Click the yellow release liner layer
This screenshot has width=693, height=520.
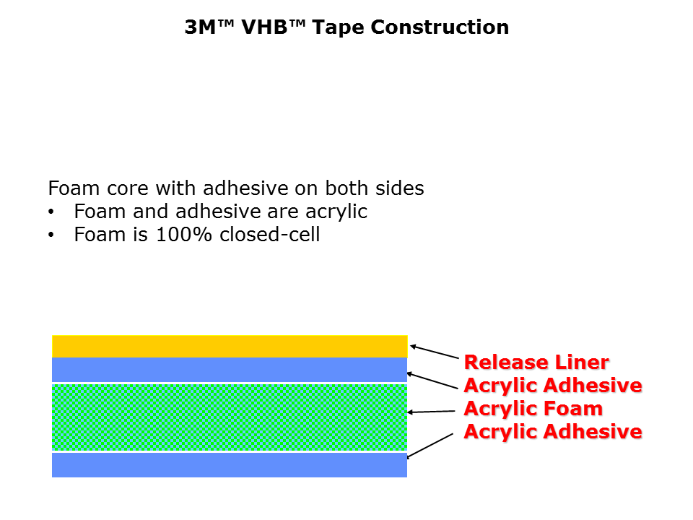[x=230, y=346]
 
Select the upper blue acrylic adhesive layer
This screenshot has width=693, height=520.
[x=230, y=370]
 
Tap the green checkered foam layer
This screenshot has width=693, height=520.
[x=230, y=417]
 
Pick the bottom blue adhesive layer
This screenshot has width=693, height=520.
[x=230, y=465]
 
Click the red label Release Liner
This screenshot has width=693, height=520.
[x=536, y=363]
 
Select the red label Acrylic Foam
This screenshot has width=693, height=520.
[x=533, y=409]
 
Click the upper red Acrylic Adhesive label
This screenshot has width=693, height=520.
[x=553, y=386]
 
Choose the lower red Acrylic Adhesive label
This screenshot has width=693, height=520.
[x=553, y=432]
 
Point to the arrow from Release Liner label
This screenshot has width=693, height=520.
[x=435, y=352]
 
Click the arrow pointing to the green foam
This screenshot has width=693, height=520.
[x=431, y=412]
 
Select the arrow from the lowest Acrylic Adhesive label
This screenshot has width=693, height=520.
[x=430, y=446]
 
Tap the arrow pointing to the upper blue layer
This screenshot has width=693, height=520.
[x=432, y=381]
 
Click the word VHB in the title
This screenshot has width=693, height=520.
[x=265, y=27]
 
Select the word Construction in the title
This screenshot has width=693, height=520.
[x=440, y=27]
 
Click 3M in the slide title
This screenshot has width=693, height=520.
[x=200, y=27]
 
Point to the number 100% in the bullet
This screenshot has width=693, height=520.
[x=184, y=234]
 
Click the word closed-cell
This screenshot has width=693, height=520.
[x=269, y=234]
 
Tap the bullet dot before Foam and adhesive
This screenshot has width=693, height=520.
[x=51, y=212]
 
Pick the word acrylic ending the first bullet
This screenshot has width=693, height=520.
[x=336, y=212]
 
